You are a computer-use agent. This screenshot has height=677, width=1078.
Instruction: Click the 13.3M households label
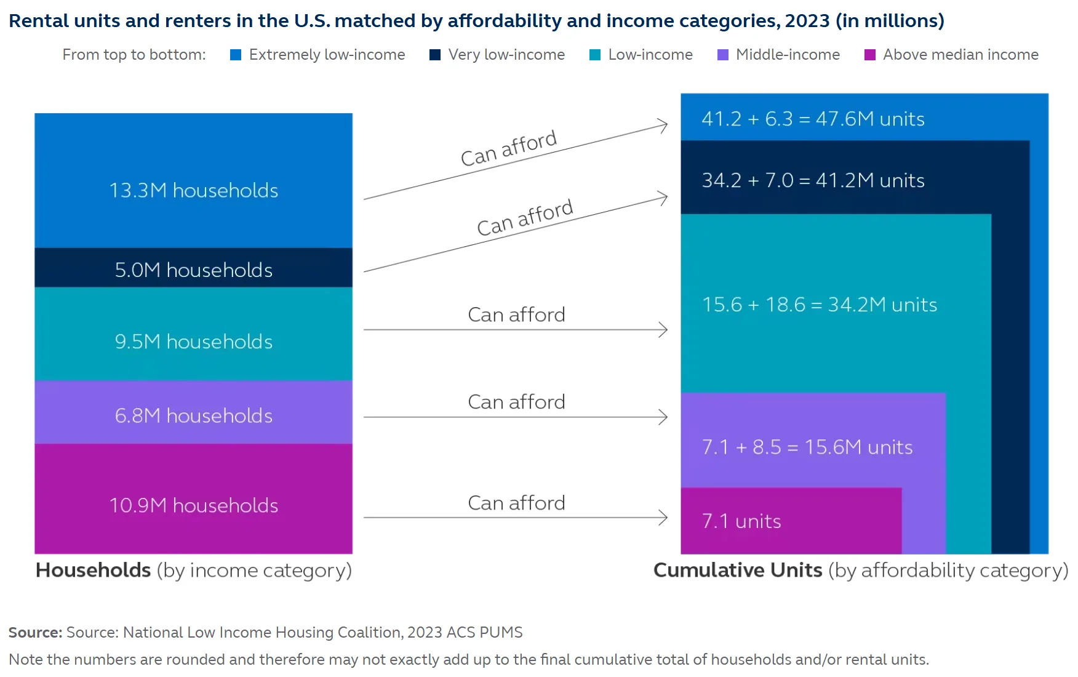(x=193, y=190)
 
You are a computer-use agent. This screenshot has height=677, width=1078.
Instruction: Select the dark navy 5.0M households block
(x=193, y=270)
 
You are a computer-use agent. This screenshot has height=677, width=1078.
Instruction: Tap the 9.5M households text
(x=193, y=342)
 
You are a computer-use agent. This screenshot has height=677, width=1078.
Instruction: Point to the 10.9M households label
(x=193, y=505)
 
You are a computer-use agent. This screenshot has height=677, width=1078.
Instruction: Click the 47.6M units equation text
(x=813, y=119)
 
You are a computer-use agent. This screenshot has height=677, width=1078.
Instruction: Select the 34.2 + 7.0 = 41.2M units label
(x=813, y=180)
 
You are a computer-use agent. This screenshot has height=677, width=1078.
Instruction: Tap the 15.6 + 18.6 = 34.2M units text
(x=819, y=305)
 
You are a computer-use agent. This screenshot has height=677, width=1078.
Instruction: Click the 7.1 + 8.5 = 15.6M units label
(x=807, y=447)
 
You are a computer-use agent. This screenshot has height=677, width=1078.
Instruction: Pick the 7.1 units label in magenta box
(x=741, y=521)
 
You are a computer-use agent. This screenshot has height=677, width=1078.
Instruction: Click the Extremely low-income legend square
(x=235, y=55)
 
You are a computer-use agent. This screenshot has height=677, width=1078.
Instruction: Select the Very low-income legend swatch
(x=435, y=55)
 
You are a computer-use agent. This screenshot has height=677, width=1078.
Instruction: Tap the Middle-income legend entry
(x=779, y=55)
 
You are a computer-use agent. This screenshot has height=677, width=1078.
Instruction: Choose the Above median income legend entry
(x=952, y=55)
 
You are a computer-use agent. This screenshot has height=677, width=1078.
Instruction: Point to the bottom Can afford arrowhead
(x=664, y=518)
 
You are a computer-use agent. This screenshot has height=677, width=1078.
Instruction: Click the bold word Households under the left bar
(x=93, y=570)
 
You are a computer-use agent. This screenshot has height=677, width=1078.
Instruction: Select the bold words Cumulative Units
(x=737, y=570)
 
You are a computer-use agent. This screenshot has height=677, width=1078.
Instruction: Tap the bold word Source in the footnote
(x=34, y=632)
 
